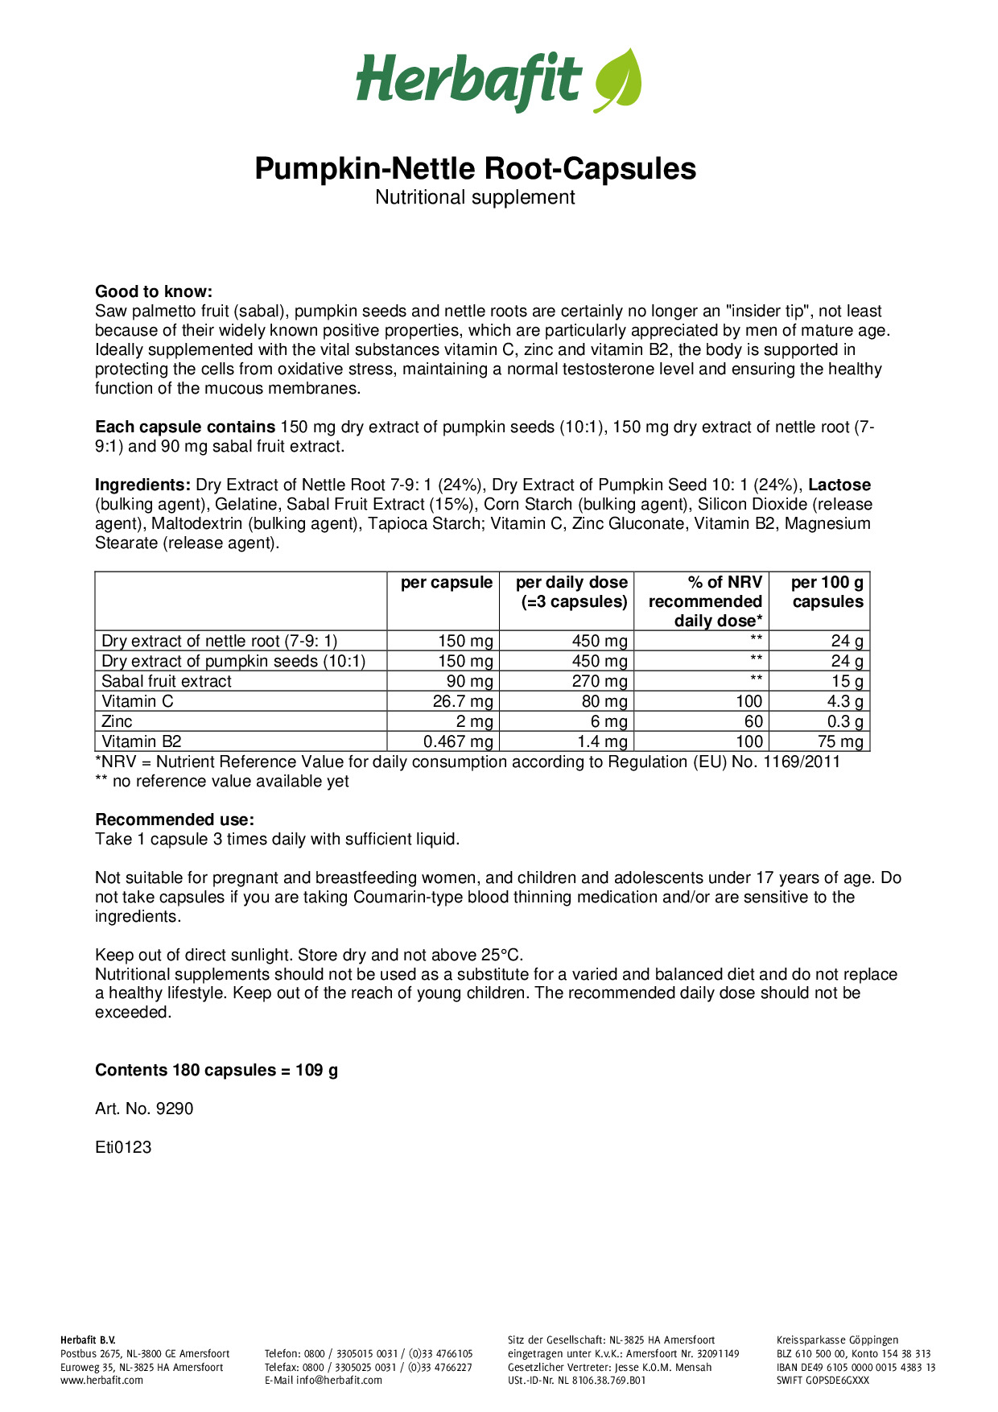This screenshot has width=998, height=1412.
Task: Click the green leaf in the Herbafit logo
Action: click(618, 81)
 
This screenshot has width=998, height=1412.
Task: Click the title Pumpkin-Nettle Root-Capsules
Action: click(475, 169)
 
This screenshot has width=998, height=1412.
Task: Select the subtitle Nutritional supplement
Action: click(475, 197)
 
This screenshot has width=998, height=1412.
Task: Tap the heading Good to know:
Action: click(154, 291)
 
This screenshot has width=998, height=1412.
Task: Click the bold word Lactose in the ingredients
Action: click(839, 485)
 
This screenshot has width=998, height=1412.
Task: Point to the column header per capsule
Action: click(446, 583)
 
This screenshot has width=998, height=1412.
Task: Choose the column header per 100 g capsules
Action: click(827, 592)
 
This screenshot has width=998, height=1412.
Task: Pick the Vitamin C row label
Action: click(138, 701)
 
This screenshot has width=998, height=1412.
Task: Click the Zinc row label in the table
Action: click(118, 721)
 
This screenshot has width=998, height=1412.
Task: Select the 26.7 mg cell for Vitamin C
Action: click(463, 701)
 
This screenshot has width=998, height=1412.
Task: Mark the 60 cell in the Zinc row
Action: click(753, 721)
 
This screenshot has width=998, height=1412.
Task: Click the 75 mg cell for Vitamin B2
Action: click(840, 741)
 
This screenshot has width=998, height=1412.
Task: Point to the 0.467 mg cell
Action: click(458, 741)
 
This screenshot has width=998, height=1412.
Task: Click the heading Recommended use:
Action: click(175, 820)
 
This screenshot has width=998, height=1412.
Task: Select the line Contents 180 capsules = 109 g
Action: click(217, 1070)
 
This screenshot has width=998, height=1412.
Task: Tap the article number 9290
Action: click(175, 1109)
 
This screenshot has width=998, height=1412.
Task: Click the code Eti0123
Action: click(123, 1147)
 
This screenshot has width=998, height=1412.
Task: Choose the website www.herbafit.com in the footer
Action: click(101, 1380)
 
